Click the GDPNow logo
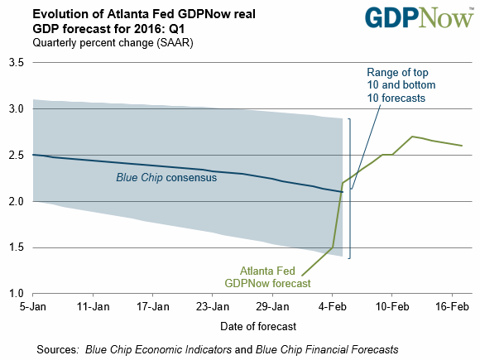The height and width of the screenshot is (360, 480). point(419,17)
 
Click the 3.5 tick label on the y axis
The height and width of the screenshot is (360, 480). point(17,62)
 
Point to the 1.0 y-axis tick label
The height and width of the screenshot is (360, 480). point(17,294)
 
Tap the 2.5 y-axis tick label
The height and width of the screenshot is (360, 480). point(17,156)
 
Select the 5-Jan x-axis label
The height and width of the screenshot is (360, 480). point(33,306)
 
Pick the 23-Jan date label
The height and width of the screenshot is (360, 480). point(213,306)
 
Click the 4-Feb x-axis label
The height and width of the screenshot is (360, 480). point(332,306)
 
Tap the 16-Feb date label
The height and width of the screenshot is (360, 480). point(452,306)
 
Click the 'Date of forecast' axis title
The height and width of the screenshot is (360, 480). point(258,326)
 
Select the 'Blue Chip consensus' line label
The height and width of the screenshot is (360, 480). point(166,178)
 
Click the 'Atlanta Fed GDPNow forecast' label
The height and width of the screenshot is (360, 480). point(267,277)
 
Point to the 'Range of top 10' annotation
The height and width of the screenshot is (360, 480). point(401,85)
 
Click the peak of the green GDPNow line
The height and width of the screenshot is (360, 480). point(412,137)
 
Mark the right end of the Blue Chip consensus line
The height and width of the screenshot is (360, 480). point(343,192)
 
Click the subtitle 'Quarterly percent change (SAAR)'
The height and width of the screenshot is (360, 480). point(113,43)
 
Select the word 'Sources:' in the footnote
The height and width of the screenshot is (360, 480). point(58,349)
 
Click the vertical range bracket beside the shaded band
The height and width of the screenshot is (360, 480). point(349,189)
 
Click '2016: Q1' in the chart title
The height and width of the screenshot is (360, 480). point(160,29)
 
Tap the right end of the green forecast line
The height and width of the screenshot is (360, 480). point(462,146)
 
